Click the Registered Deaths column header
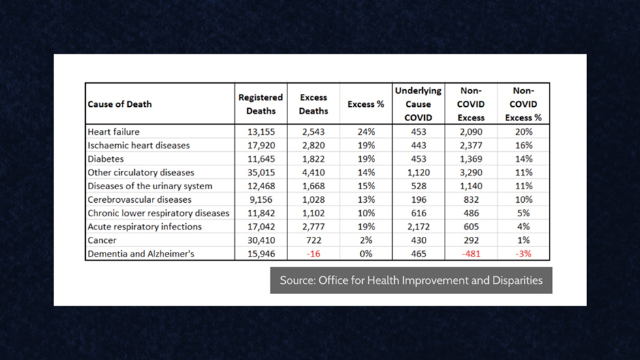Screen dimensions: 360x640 [260, 103]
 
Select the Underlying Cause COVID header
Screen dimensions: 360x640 [418, 103]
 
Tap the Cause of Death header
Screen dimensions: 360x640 [120, 104]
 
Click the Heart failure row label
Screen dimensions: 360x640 [114, 131]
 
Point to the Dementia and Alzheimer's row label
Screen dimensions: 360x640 [140, 254]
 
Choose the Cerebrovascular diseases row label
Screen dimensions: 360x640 [140, 199]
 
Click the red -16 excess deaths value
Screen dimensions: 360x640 [313, 254]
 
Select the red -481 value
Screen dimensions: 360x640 [471, 254]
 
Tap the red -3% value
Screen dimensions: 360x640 [523, 254]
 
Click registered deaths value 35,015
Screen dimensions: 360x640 [261, 172]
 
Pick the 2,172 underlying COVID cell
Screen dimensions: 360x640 [418, 227]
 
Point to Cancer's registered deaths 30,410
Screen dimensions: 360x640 [261, 240]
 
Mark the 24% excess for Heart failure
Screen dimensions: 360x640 [366, 131]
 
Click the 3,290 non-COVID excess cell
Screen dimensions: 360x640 [471, 172]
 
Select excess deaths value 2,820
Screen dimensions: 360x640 [313, 145]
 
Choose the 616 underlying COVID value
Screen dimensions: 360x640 [418, 213]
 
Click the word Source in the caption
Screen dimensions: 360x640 [296, 280]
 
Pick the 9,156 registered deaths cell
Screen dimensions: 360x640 [261, 199]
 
